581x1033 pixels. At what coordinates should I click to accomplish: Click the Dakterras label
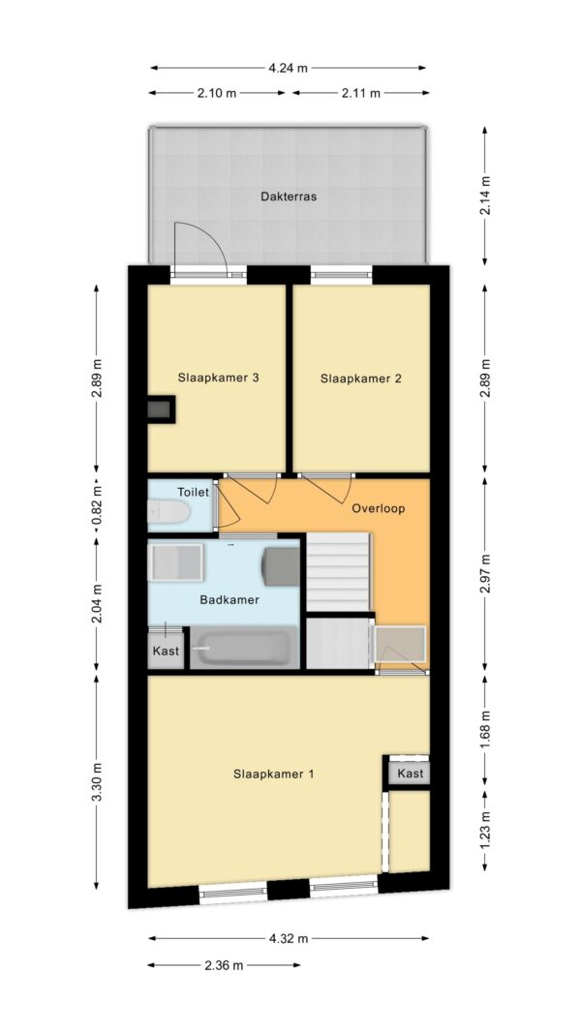(288, 197)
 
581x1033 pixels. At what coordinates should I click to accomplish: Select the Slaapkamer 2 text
(360, 379)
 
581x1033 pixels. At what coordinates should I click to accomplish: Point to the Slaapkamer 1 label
(273, 775)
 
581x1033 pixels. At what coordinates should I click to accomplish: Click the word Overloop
(378, 508)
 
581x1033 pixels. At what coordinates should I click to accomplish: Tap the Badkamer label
(229, 600)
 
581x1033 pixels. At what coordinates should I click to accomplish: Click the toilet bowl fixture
(168, 510)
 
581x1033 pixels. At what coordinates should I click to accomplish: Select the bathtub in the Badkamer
(244, 649)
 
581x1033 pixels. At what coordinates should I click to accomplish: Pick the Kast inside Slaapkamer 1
(411, 774)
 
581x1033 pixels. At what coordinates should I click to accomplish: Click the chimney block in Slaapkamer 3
(161, 410)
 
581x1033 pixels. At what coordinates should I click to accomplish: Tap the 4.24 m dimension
(288, 67)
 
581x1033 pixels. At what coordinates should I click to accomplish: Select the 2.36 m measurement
(224, 965)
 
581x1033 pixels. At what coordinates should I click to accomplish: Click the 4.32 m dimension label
(288, 938)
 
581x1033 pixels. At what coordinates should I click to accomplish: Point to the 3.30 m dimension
(96, 782)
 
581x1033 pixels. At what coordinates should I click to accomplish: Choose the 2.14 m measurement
(485, 195)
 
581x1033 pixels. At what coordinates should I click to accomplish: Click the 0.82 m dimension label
(96, 504)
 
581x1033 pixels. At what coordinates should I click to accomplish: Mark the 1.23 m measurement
(485, 830)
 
